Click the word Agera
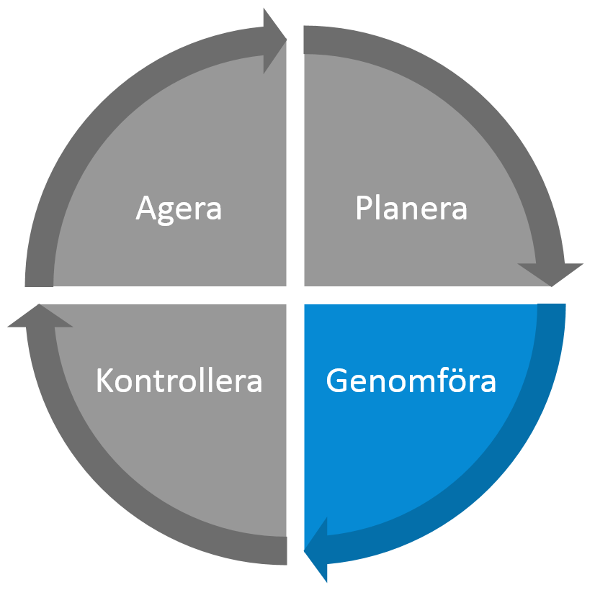pyautogui.click(x=179, y=209)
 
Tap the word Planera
pyautogui.click(x=411, y=208)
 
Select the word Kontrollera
pyautogui.click(x=179, y=380)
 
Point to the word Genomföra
pyautogui.click(x=411, y=380)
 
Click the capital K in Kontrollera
pyautogui.click(x=105, y=380)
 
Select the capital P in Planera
pyautogui.click(x=364, y=207)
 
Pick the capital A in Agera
pyautogui.click(x=147, y=207)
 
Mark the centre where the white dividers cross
pyautogui.click(x=295, y=295)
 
